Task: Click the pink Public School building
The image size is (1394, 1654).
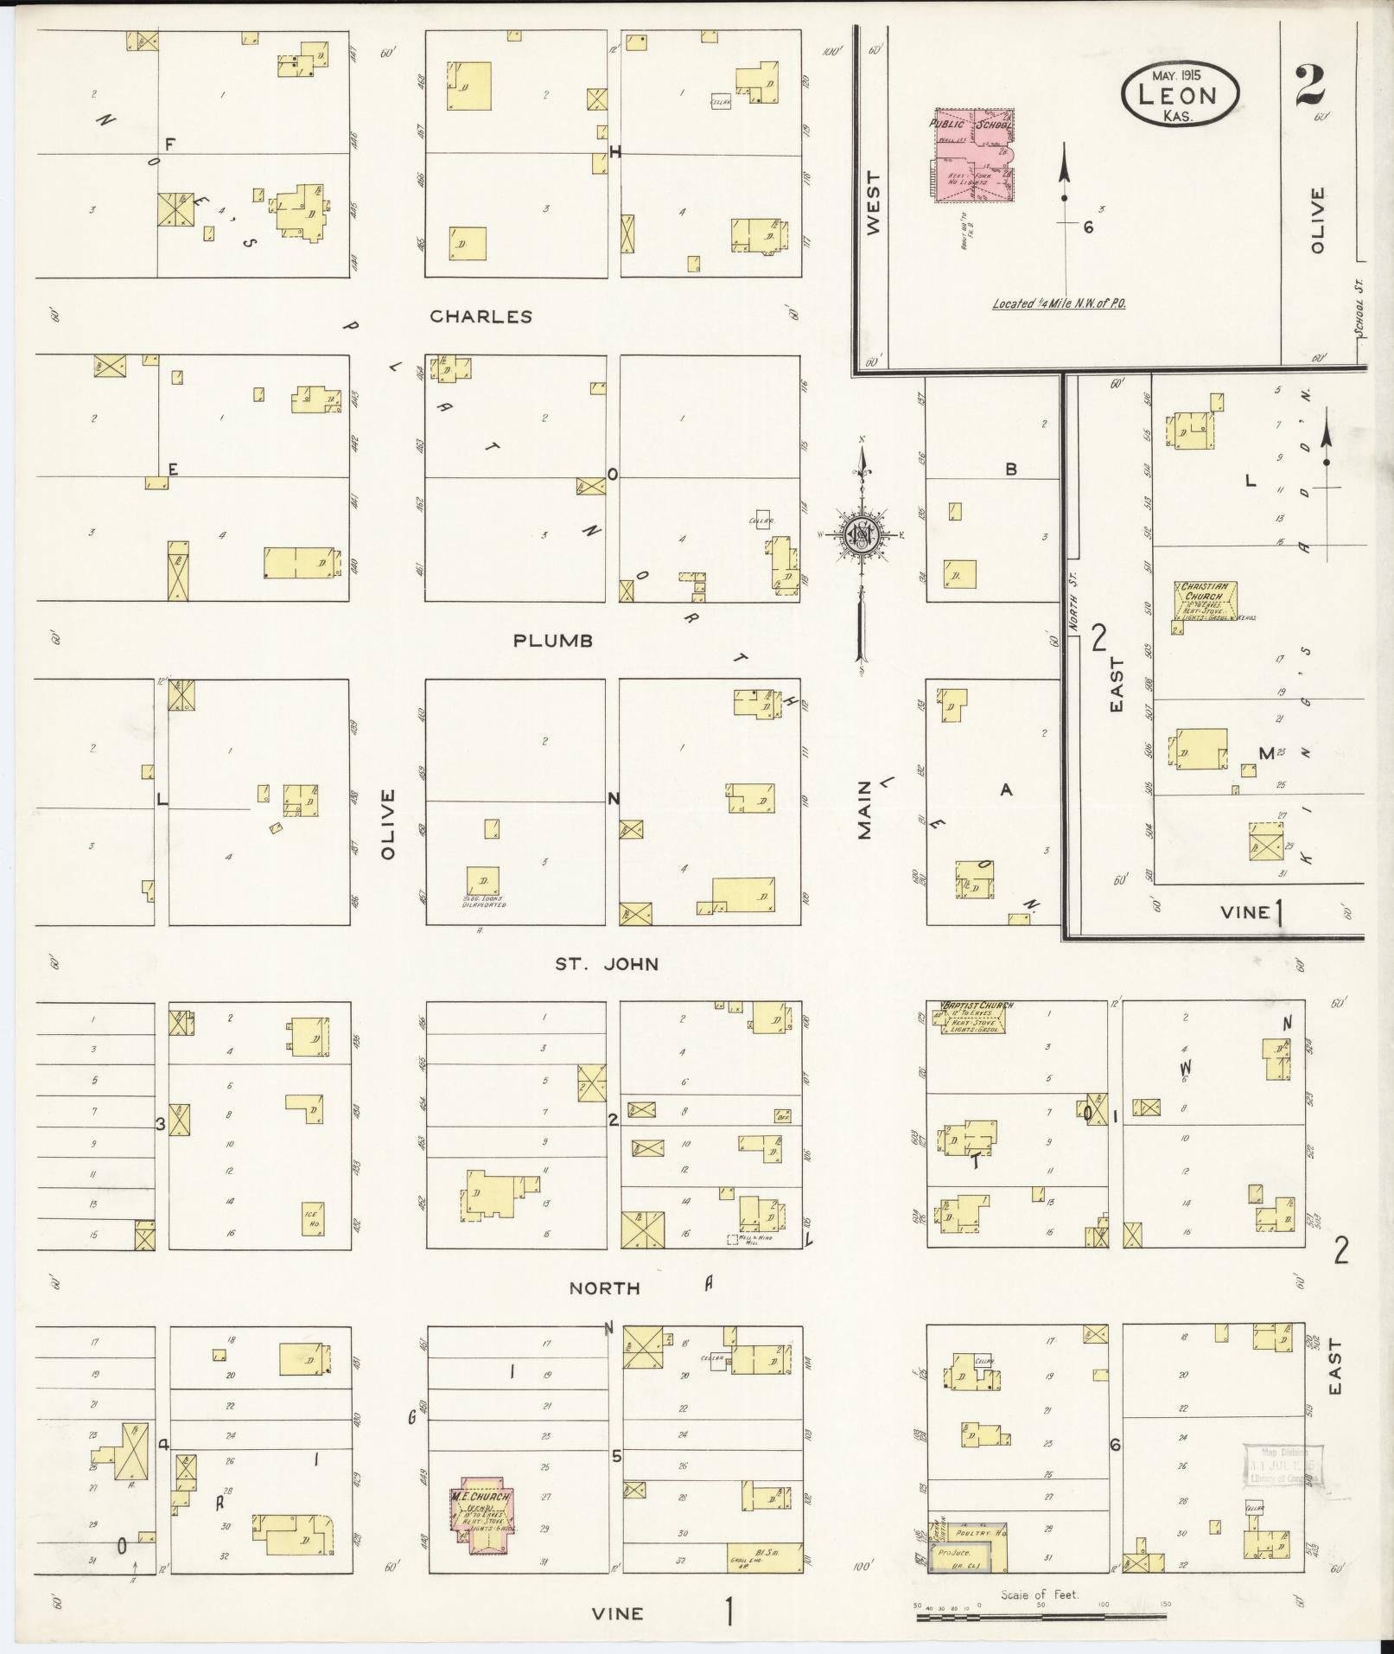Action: [x=971, y=156]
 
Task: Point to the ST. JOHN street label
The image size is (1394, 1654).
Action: [x=607, y=963]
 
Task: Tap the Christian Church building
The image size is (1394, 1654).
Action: [x=1205, y=602]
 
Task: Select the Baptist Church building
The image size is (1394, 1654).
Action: [x=969, y=1018]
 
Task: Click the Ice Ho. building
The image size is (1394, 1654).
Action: [x=312, y=1219]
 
